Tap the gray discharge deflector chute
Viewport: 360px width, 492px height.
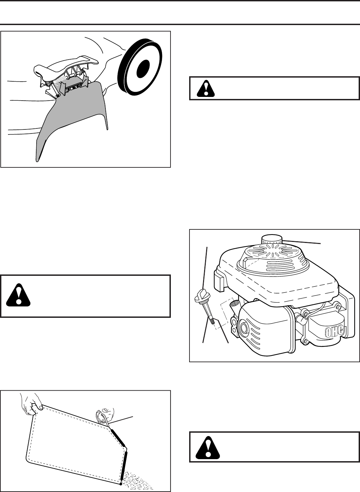71,119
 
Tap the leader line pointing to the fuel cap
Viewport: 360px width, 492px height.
302,242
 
